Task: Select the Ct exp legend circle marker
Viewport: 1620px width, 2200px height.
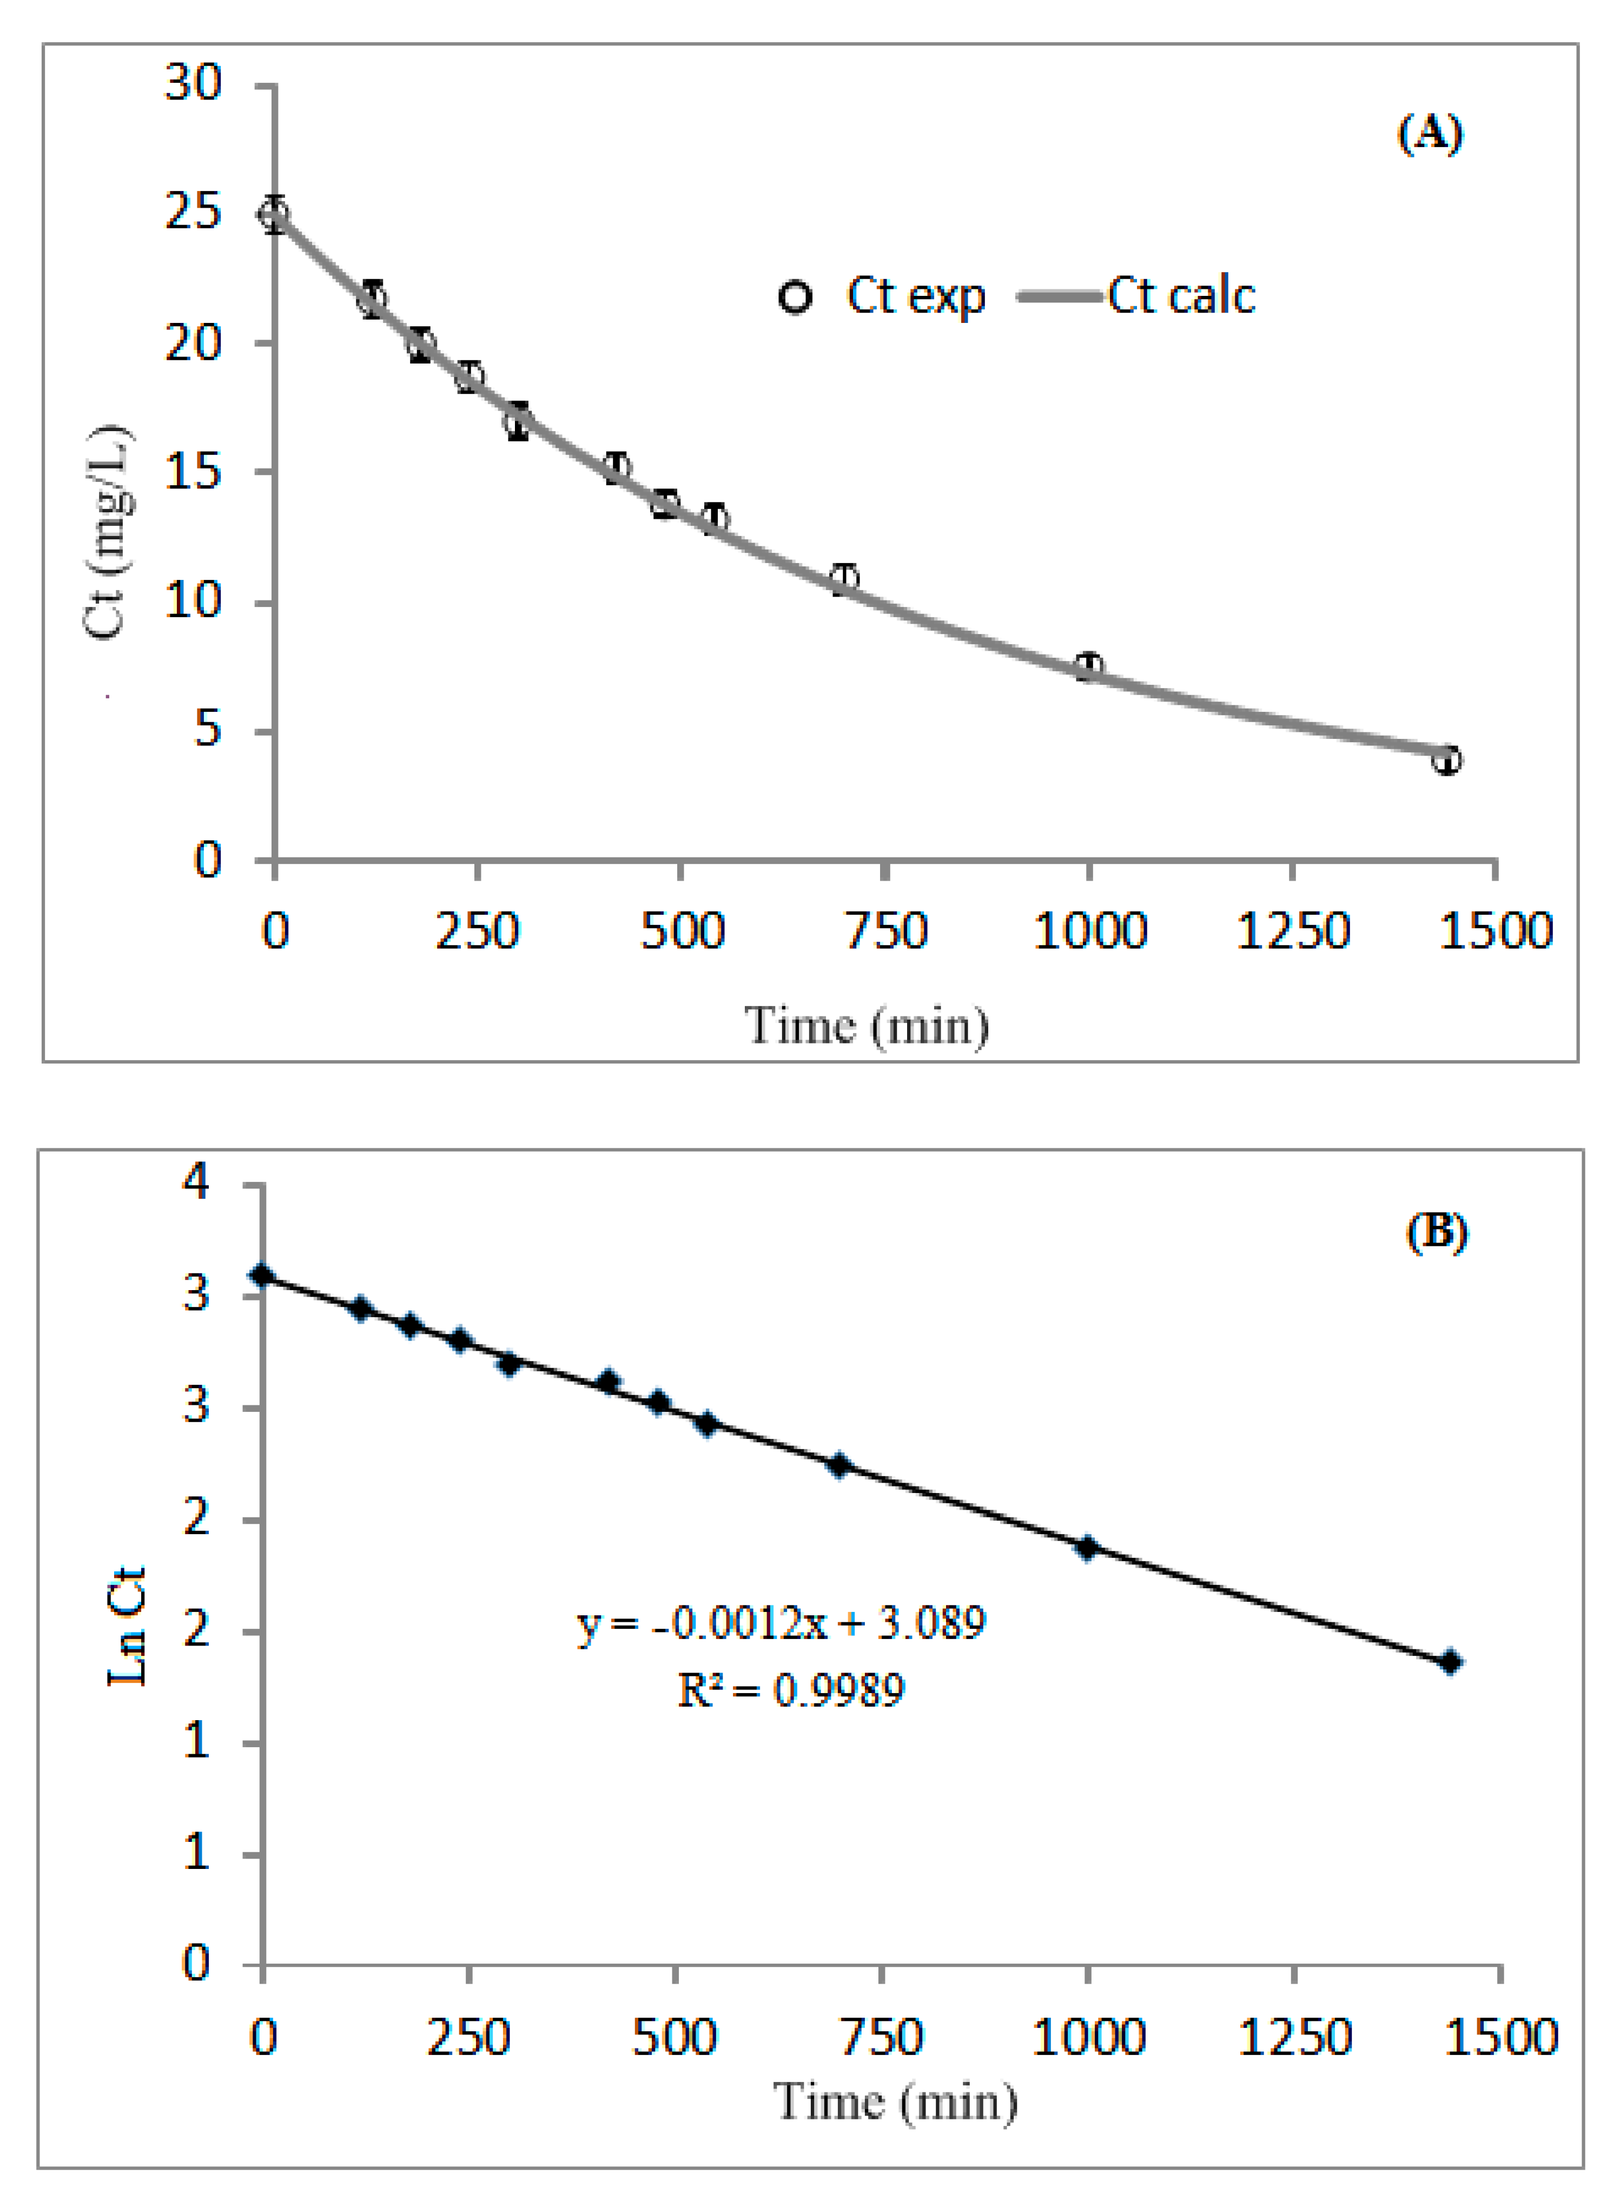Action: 794,296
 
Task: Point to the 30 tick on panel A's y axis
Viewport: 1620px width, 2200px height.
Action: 193,83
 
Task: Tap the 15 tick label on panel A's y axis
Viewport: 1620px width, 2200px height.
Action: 193,473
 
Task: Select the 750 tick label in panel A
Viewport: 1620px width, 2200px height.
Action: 885,930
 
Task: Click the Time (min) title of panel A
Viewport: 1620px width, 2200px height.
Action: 867,1026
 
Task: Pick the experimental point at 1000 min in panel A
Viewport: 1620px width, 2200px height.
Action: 1088,667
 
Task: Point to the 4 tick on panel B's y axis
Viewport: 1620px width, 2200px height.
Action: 196,1182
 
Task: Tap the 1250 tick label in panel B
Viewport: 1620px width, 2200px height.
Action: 1294,2037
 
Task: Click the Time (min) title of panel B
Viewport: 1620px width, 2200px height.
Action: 895,2102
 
